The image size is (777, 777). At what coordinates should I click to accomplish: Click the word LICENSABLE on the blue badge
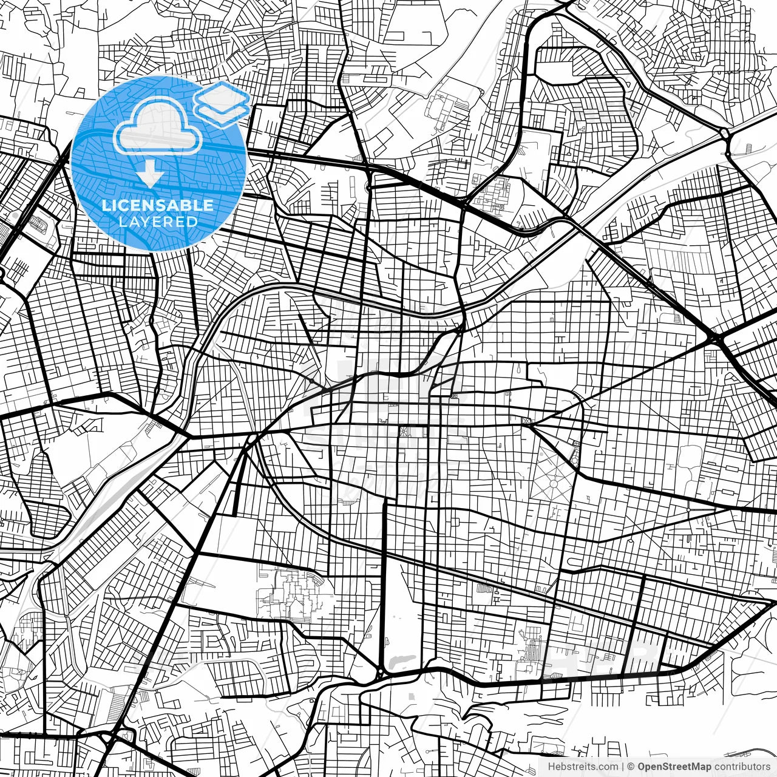click(158, 205)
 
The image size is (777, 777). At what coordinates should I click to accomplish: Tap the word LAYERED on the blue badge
click(158, 222)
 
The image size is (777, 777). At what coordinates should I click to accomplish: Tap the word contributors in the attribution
click(741, 767)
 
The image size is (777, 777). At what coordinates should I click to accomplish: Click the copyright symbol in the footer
click(631, 767)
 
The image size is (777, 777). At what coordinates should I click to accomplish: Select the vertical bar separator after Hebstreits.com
click(623, 767)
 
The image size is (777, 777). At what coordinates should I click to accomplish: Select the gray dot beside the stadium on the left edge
click(13, 215)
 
